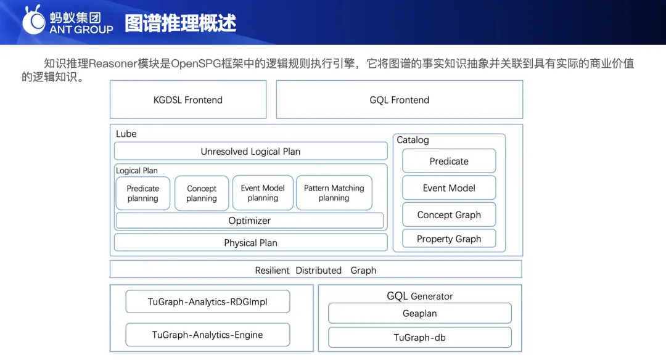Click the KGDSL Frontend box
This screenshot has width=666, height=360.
click(188, 99)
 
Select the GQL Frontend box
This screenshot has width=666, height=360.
click(399, 99)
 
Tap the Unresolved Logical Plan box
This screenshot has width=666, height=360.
click(250, 151)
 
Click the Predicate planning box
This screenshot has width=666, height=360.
click(142, 193)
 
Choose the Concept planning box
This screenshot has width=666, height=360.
click(201, 193)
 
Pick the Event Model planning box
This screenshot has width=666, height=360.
click(263, 193)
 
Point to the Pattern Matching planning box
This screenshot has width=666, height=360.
click(334, 193)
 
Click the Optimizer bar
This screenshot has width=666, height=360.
click(249, 221)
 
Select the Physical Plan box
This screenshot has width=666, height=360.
click(250, 243)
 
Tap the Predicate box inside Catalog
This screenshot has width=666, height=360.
click(449, 161)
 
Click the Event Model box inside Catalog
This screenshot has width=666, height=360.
click(449, 187)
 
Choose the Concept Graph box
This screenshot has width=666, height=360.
click(449, 215)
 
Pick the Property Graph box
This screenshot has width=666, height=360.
click(449, 239)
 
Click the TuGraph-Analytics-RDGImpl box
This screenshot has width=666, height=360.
click(208, 301)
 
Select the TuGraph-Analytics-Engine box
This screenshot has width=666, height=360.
click(208, 335)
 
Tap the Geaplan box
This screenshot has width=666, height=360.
click(420, 313)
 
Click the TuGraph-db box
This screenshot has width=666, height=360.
click(420, 338)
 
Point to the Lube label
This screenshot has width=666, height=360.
click(126, 134)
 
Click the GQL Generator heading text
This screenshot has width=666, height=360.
click(420, 296)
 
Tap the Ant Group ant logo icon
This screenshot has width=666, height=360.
click(33, 20)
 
